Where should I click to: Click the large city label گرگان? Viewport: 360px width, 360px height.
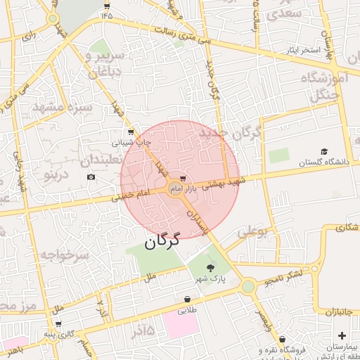coord(162,241)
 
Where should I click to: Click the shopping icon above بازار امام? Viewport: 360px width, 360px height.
coord(183,179)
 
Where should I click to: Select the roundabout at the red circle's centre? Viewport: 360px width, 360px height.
coord(176,188)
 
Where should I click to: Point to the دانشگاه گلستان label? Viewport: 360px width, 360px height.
coord(324,162)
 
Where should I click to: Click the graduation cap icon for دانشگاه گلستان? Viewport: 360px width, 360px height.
coord(324,151)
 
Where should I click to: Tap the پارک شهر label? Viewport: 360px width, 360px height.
coord(212,279)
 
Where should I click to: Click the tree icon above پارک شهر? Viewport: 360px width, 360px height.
coord(212,268)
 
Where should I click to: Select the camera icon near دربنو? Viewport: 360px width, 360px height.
coord(91,176)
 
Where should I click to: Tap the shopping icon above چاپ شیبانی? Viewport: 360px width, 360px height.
coord(131,131)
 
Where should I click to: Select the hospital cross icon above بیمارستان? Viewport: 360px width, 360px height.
coord(342,335)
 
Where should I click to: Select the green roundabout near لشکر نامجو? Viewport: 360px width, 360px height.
coord(247,286)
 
